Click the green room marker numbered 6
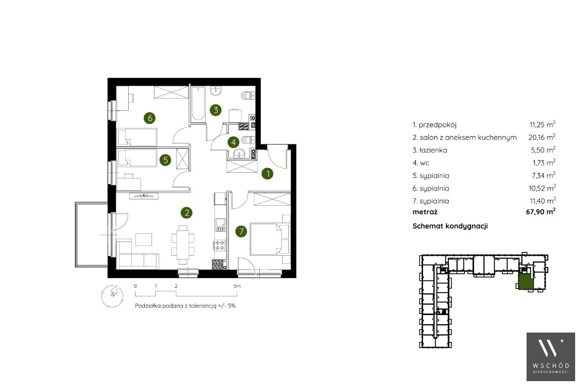pyautogui.click(x=150, y=118)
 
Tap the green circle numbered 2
pyautogui.click(x=187, y=212)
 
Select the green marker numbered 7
pyautogui.click(x=241, y=232)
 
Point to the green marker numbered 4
pyautogui.click(x=233, y=142)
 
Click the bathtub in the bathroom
pyautogui.click(x=198, y=104)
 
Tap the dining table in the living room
pyautogui.click(x=183, y=243)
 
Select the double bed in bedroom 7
pyautogui.click(x=269, y=238)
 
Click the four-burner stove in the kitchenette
pyautogui.click(x=220, y=245)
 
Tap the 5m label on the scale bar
pyautogui.click(x=237, y=286)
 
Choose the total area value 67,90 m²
pyautogui.click(x=541, y=211)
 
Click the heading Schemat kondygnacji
pyautogui.click(x=450, y=226)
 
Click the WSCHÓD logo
pyautogui.click(x=551, y=356)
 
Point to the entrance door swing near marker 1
pyautogui.click(x=276, y=157)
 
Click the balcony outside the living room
pyautogui.click(x=91, y=234)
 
